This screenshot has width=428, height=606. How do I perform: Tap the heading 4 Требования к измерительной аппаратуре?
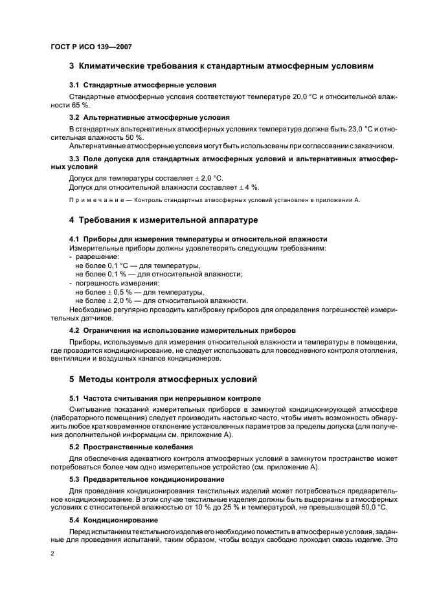coord(163,220)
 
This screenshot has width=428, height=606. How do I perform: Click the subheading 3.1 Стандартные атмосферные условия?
coord(142,85)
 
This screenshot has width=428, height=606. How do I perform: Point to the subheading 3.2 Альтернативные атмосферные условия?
coord(149,118)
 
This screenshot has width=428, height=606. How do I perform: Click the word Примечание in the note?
coord(93,200)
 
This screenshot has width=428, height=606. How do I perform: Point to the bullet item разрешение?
coord(93,257)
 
